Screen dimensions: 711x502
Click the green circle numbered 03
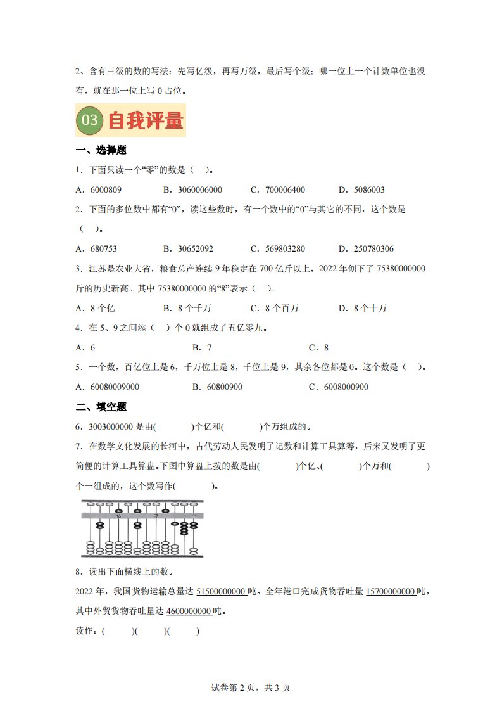91,120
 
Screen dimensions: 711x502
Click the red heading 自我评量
145,120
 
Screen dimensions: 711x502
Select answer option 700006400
284,189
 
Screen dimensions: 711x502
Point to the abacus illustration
142,528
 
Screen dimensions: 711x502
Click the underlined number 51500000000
221,592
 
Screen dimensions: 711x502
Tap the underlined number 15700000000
391,592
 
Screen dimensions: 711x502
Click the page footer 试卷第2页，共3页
251,688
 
